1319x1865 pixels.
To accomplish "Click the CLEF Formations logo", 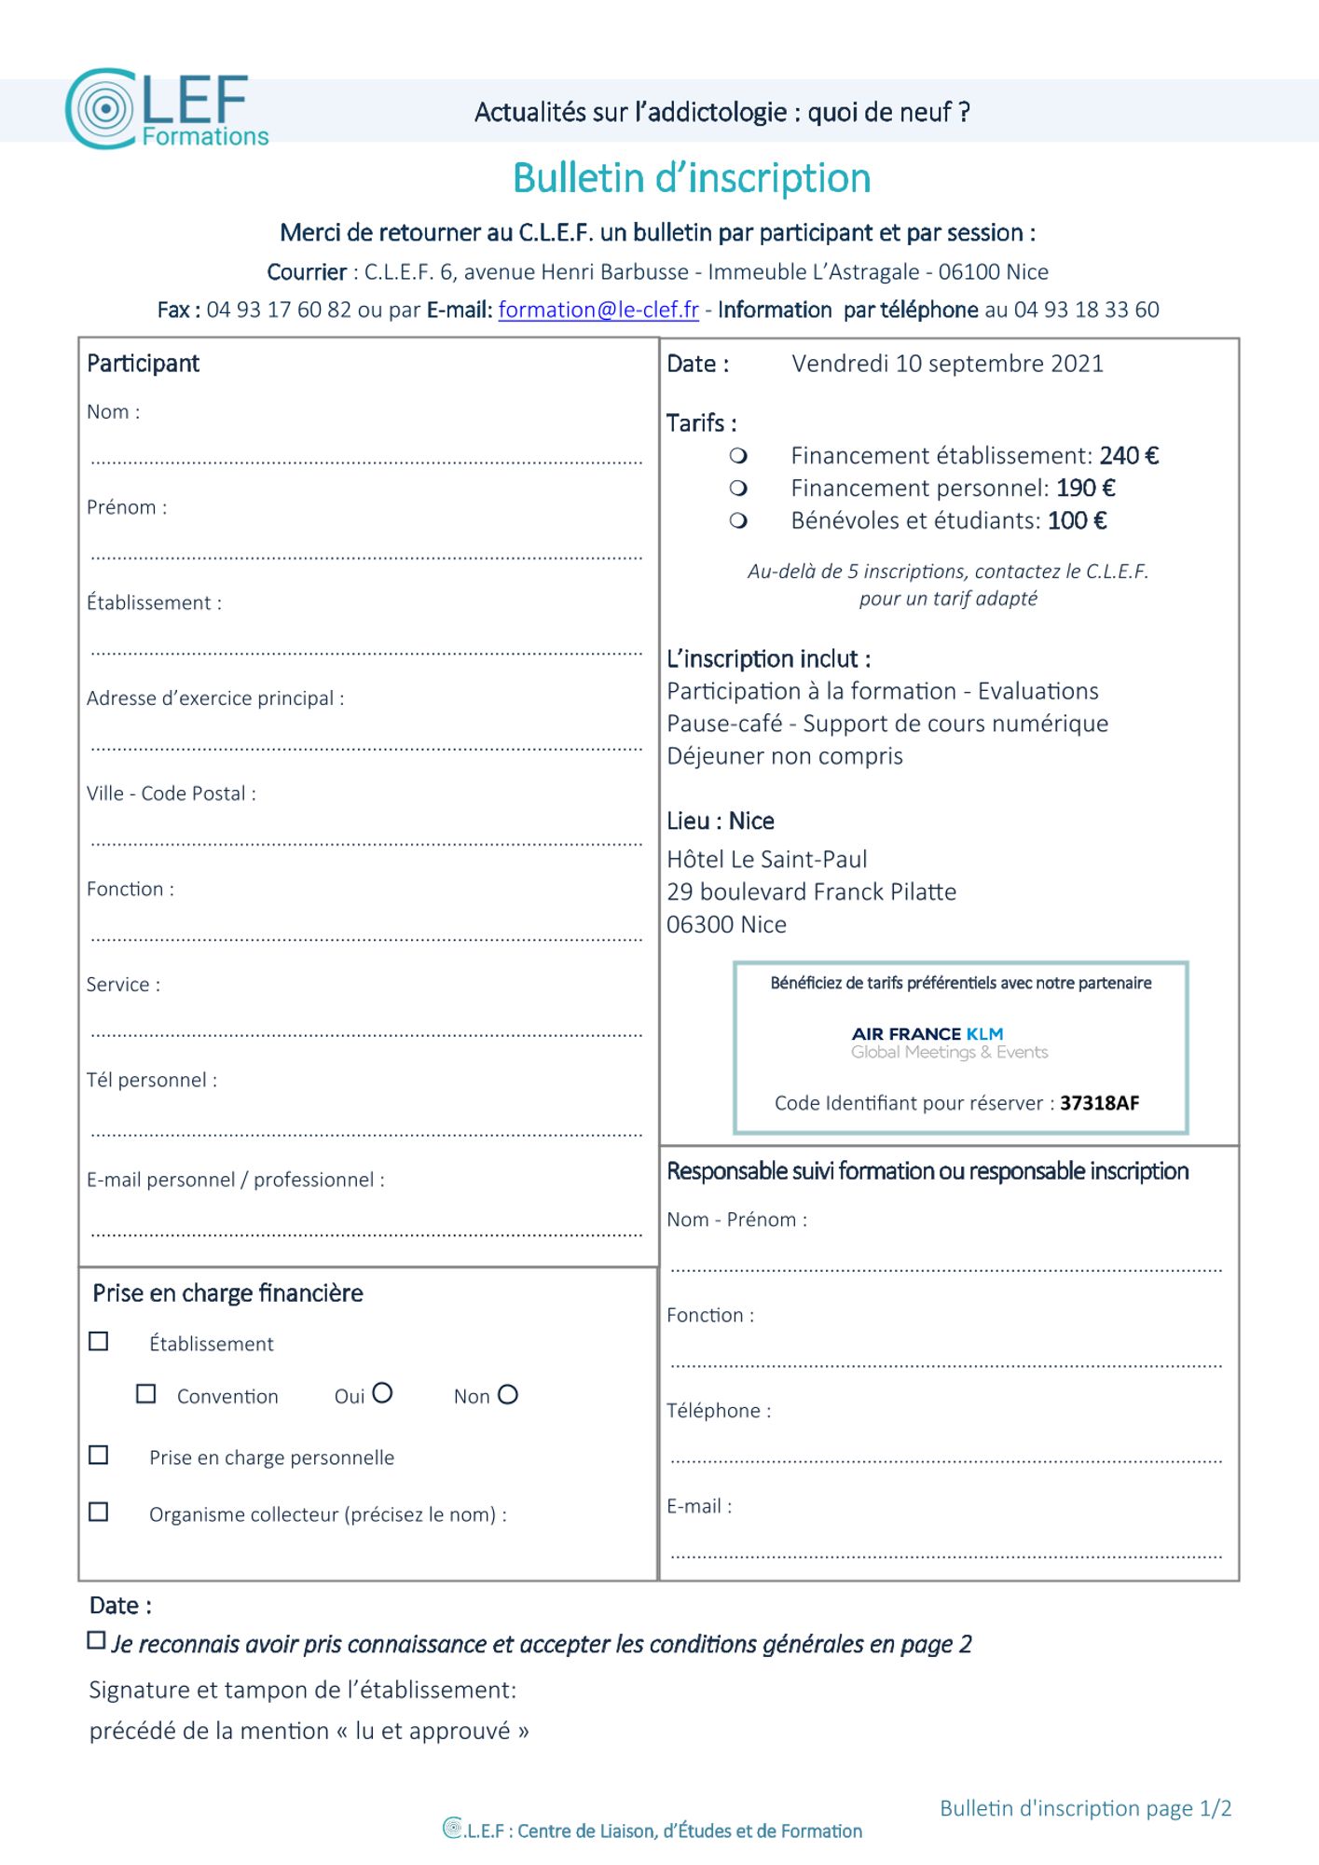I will tap(166, 109).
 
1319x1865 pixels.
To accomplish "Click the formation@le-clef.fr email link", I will tap(598, 310).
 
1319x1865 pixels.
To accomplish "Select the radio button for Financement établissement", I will tap(738, 456).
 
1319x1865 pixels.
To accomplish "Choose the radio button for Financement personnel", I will tap(738, 488).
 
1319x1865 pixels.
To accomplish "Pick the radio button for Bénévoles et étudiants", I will tap(738, 520).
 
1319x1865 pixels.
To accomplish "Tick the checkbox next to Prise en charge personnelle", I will tap(98, 1456).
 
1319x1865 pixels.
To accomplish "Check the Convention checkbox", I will tap(145, 1394).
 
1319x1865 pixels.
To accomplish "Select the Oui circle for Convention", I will tap(382, 1393).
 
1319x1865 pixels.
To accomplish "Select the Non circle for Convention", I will tap(508, 1395).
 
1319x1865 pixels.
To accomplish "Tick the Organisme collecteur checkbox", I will tap(98, 1512).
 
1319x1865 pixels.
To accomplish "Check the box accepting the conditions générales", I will tap(96, 1640).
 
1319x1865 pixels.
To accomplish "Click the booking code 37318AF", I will tap(1099, 1103).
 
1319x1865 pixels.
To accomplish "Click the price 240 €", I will tap(1129, 456).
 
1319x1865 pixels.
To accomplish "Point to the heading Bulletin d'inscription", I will tap(692, 178).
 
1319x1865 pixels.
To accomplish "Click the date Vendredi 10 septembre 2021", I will tap(947, 364).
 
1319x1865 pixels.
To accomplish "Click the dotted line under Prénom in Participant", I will tap(366, 557).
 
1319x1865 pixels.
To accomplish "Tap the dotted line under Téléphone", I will tap(945, 1460).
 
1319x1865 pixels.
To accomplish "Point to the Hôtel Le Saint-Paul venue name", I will tap(766, 859).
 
